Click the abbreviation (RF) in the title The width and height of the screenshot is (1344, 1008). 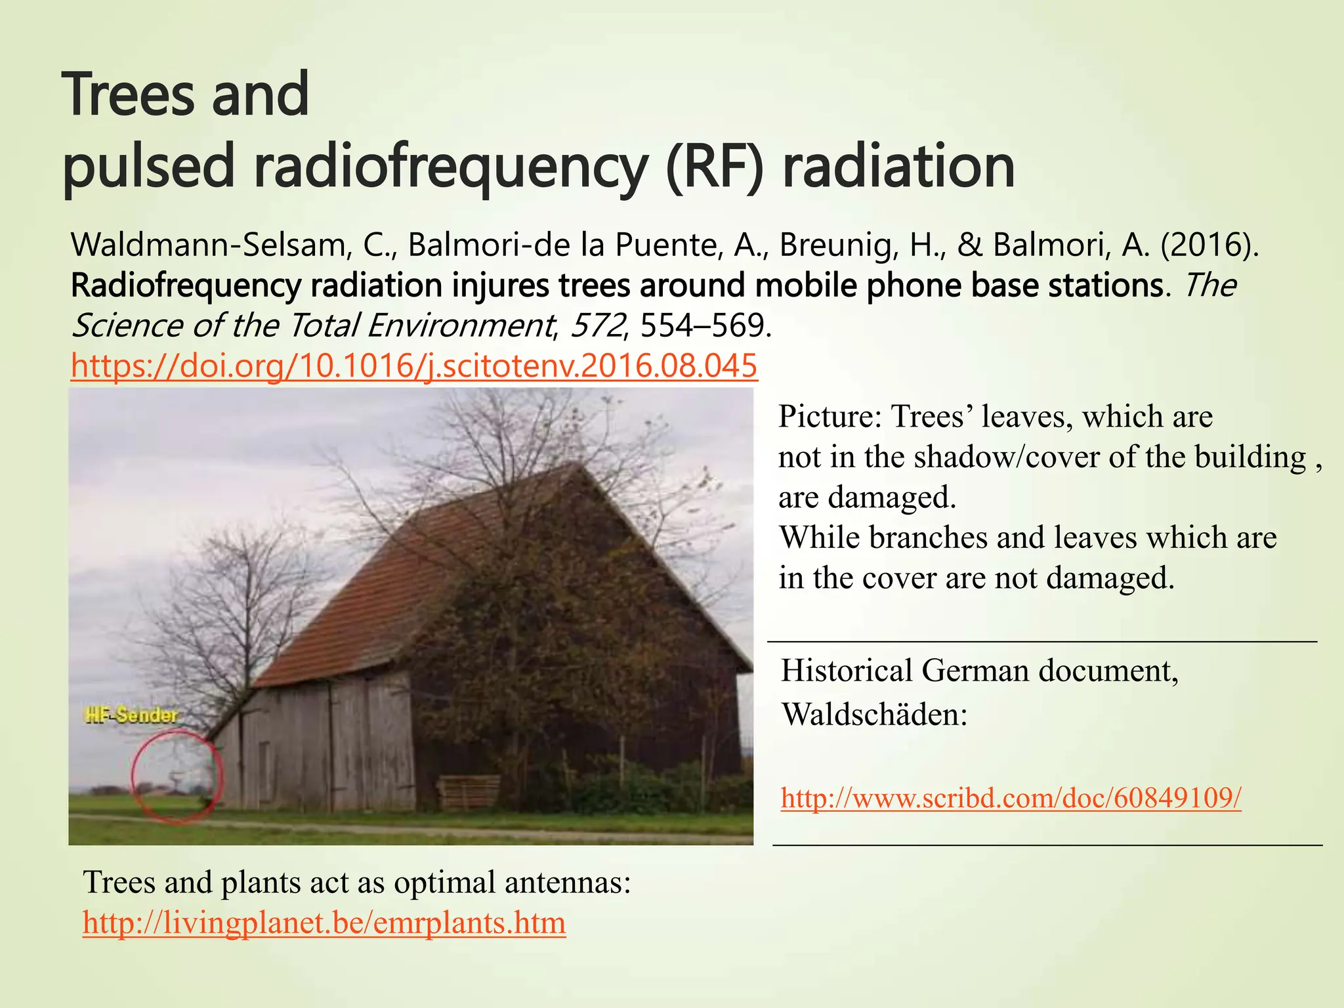714,166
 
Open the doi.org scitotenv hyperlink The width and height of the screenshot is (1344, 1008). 414,366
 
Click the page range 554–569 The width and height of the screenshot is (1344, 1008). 702,325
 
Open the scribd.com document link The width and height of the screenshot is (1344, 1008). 1011,798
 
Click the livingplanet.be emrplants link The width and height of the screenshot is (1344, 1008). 324,923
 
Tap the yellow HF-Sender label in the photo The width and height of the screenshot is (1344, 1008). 131,715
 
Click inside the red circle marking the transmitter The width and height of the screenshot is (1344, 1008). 176,778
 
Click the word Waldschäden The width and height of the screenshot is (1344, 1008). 875,714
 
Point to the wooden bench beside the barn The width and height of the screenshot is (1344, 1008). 468,792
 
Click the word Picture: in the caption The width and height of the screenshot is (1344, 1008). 829,417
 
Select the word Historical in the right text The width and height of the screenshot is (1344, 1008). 847,671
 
